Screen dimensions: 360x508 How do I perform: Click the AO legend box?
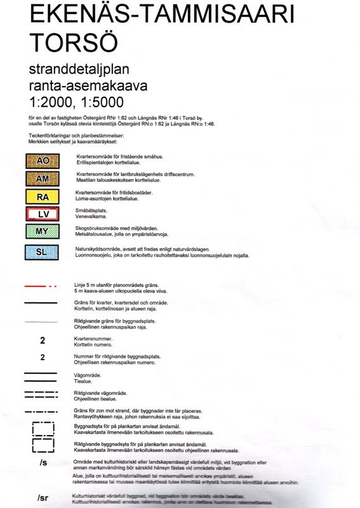click(x=43, y=161)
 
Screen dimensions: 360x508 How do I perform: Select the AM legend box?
click(x=43, y=178)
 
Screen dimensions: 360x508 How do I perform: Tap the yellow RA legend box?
click(x=43, y=197)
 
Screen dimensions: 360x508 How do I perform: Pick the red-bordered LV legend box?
click(x=43, y=215)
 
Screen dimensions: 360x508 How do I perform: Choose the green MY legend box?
click(x=43, y=232)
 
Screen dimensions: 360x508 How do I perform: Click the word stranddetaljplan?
click(x=76, y=69)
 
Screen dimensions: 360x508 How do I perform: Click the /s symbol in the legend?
click(x=43, y=462)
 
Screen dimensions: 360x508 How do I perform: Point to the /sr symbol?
click(x=43, y=497)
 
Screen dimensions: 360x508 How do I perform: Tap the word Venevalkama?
click(x=91, y=217)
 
